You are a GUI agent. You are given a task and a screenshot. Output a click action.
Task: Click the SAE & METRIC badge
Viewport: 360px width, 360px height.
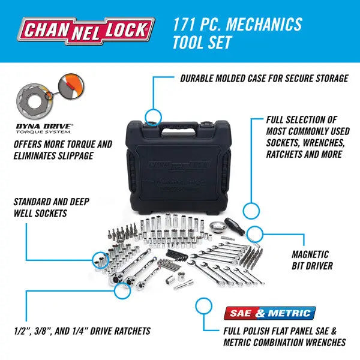click(269, 313)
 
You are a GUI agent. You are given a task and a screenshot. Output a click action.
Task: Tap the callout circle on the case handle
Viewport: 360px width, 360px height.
click(154, 116)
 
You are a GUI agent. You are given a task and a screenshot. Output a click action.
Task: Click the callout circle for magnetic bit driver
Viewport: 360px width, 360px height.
click(256, 233)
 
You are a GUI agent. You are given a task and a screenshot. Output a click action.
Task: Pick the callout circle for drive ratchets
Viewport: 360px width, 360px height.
click(122, 290)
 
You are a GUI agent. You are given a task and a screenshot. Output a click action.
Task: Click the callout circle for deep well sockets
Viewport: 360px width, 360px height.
click(99, 259)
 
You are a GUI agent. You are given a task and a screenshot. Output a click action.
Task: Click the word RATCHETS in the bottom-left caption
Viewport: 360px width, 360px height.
click(125, 331)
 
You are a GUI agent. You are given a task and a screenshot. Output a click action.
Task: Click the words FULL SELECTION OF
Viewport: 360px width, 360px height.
click(302, 120)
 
